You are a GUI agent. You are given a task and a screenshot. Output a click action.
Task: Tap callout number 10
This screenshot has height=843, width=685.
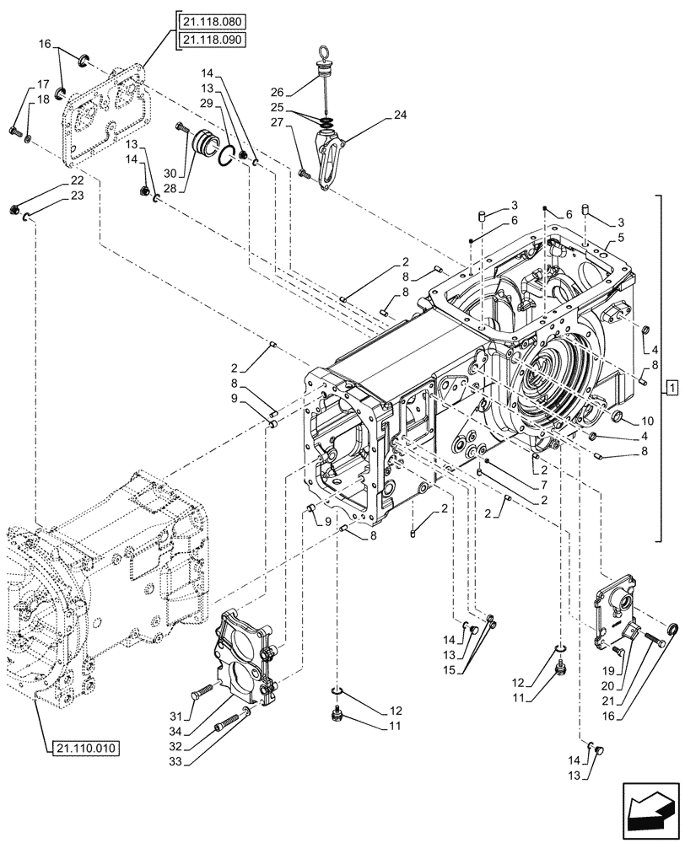648,419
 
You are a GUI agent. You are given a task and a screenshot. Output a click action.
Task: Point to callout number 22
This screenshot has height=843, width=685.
77,181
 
